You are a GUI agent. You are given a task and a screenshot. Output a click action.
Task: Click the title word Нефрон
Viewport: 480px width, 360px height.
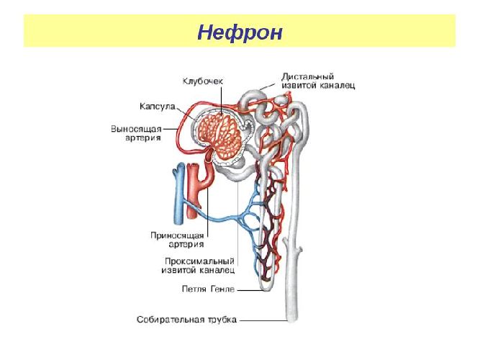pos(240,32)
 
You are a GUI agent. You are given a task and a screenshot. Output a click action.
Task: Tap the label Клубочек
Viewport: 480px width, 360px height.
pos(203,81)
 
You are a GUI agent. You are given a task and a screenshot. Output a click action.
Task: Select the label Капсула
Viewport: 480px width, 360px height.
pos(158,107)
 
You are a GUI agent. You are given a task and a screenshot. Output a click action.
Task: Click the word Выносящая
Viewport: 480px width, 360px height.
pos(136,129)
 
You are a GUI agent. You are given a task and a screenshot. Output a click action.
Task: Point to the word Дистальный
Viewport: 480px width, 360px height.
pos(307,76)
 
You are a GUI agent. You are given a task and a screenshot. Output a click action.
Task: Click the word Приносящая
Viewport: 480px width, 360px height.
pos(177,235)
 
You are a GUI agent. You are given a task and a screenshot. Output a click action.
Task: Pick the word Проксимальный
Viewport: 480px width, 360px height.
pos(199,261)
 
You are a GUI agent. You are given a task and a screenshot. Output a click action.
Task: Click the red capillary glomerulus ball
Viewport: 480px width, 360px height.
pos(219,136)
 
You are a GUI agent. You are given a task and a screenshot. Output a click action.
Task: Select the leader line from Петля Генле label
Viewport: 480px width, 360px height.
pos(250,290)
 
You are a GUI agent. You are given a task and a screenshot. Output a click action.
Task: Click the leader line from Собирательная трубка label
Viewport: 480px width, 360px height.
pos(263,321)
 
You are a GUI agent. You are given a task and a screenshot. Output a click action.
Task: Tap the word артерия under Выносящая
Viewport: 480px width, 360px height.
pos(142,138)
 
